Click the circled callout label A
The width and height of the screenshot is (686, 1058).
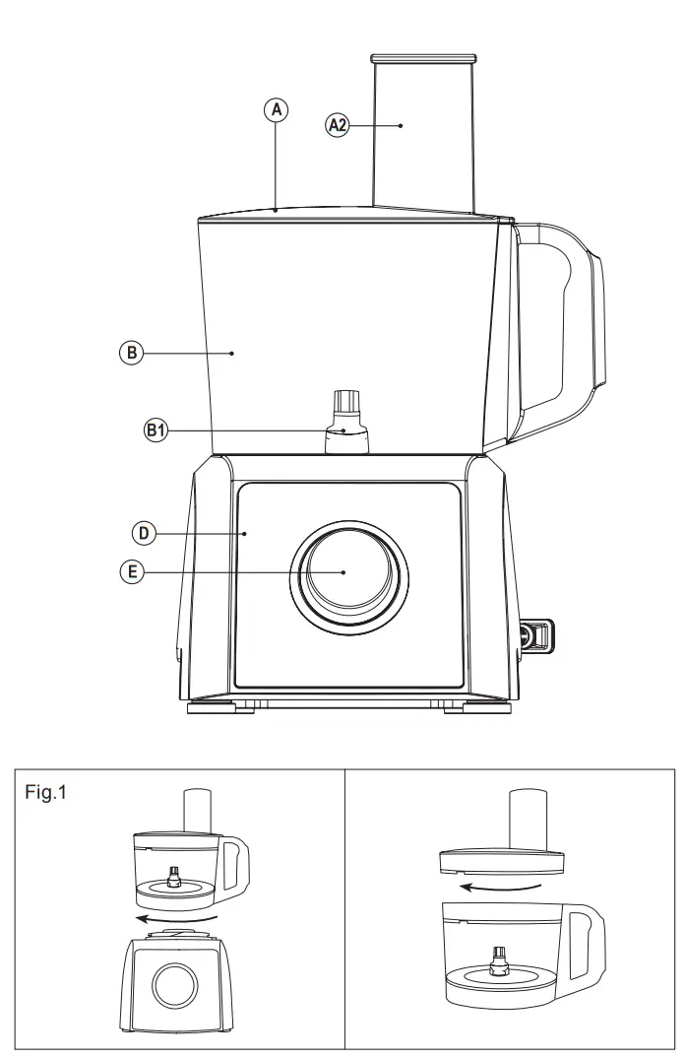[278, 111]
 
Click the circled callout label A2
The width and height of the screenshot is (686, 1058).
[338, 125]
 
